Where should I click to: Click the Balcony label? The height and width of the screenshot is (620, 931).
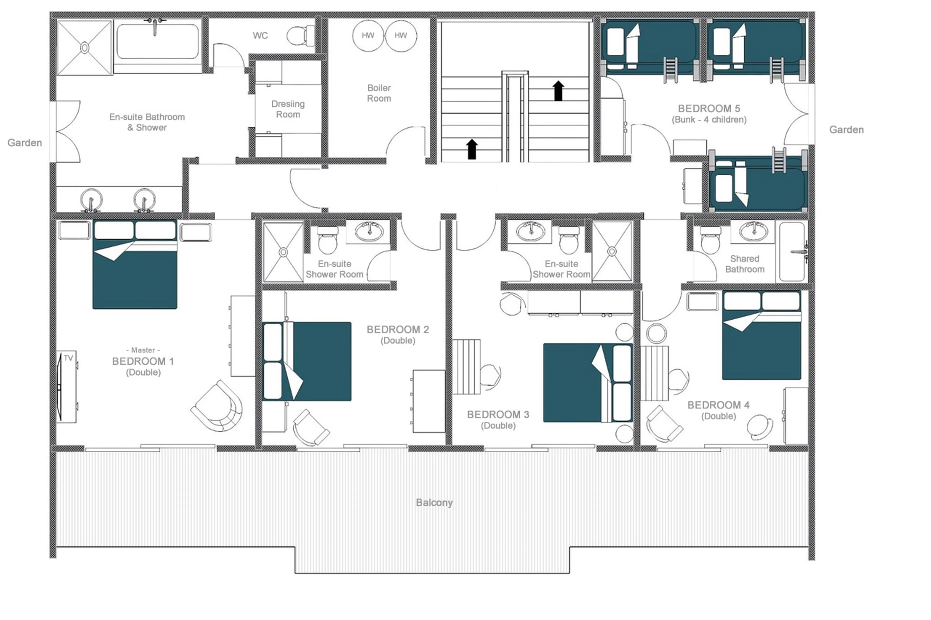(x=434, y=502)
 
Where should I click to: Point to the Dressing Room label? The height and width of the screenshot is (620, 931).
(x=288, y=109)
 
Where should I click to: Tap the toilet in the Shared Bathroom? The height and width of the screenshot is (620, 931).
(x=710, y=240)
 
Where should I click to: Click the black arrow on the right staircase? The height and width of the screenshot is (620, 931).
(x=558, y=91)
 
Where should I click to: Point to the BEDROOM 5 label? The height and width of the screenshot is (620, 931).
(x=709, y=108)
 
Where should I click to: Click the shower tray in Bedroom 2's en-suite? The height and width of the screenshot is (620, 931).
(x=283, y=252)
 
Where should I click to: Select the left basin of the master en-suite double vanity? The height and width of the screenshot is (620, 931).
(x=91, y=199)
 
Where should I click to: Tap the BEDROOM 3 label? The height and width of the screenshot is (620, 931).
(x=498, y=414)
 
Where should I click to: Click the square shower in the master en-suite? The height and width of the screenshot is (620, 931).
(x=84, y=48)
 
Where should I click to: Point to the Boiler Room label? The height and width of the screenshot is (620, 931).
(x=379, y=93)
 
